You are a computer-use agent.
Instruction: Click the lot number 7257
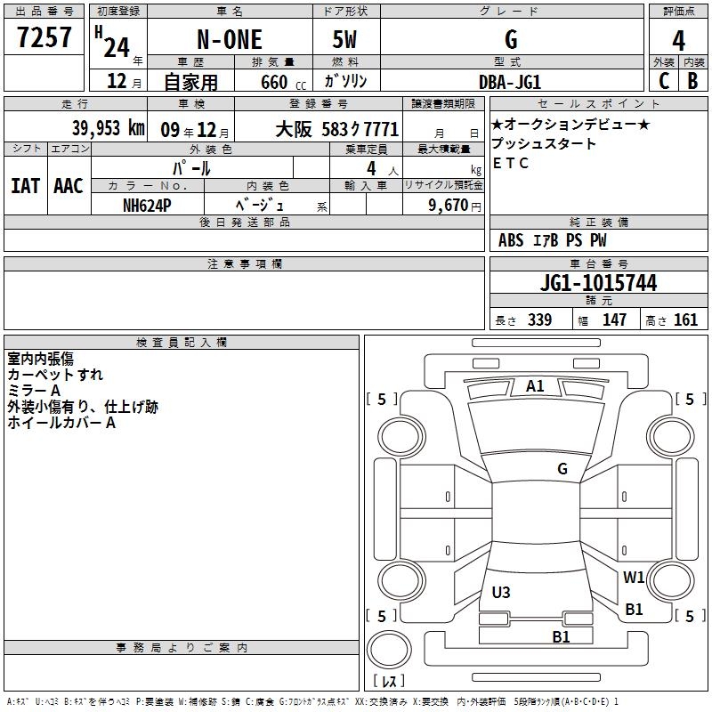[x=44, y=37]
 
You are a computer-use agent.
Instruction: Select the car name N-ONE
[x=230, y=39]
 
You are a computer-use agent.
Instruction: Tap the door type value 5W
[x=344, y=39]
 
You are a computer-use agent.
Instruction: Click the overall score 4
[x=678, y=41]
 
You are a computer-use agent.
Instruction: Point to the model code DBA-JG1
[x=510, y=82]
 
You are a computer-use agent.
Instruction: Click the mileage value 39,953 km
[x=109, y=128]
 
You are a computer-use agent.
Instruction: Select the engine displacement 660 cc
[x=283, y=83]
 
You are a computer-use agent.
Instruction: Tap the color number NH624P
[x=147, y=206]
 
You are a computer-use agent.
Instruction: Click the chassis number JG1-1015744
[x=598, y=283]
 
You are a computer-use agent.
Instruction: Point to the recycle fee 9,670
[x=449, y=206]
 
